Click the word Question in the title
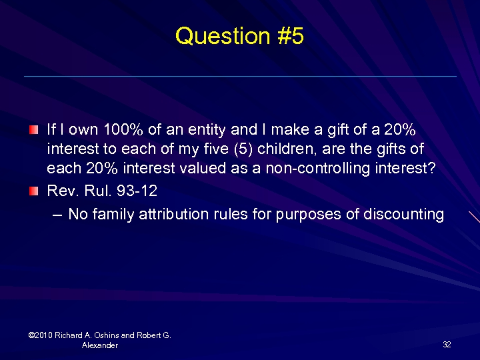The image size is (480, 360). [213, 36]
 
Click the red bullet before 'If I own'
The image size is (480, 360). [35, 127]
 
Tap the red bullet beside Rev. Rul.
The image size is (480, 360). [35, 191]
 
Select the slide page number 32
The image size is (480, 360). [447, 345]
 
